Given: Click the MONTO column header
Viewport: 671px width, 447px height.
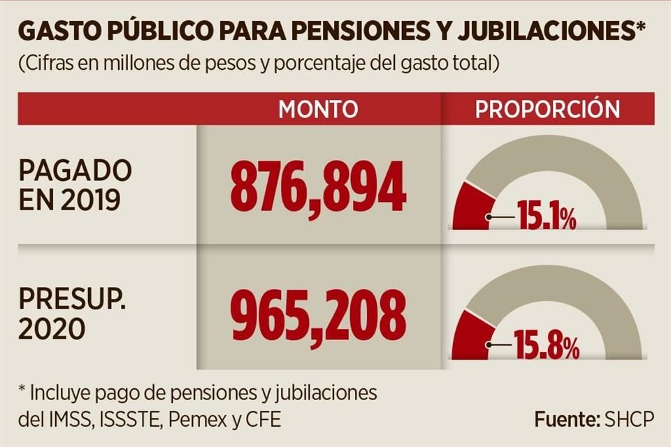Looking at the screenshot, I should pos(318,109).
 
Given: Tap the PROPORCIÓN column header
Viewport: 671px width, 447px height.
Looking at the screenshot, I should pos(548,109).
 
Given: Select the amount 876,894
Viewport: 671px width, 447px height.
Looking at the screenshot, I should pos(318,186).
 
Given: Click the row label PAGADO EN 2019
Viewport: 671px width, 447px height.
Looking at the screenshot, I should pos(75,185).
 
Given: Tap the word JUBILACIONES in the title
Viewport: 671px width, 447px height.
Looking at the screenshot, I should pos(559,34).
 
